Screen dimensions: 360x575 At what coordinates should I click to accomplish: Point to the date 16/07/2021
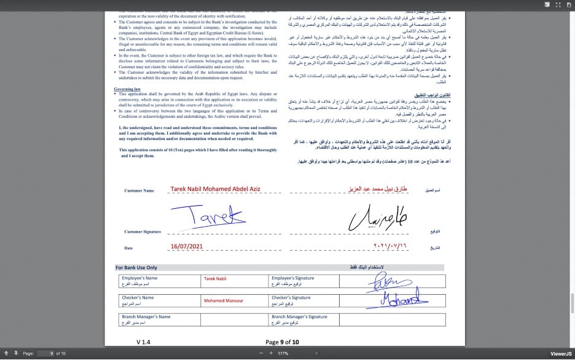[186, 247]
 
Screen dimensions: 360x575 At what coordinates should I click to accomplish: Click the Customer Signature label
[143, 232]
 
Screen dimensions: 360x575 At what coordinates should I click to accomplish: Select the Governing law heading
[127, 89]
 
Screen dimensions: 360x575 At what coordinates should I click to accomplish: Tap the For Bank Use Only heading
[136, 268]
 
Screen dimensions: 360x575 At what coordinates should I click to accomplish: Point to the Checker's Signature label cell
[304, 300]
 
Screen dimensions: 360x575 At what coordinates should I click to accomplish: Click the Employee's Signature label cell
[304, 281]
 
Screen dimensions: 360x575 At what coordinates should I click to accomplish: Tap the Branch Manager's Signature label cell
[304, 319]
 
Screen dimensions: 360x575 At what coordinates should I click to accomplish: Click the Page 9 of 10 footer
[282, 342]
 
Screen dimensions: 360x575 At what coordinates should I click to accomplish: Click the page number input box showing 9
[45, 353]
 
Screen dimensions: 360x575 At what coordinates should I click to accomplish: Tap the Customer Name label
[139, 191]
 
